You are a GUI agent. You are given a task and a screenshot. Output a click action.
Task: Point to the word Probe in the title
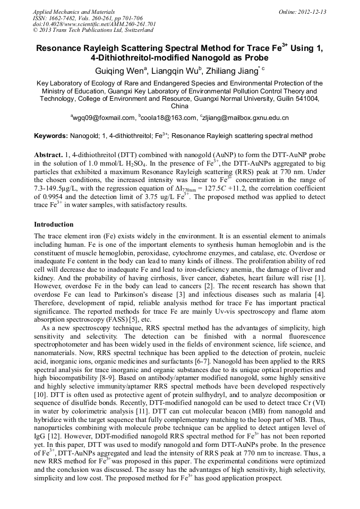click(x=258, y=58)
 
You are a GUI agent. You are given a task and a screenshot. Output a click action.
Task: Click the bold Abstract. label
click(x=48, y=154)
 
